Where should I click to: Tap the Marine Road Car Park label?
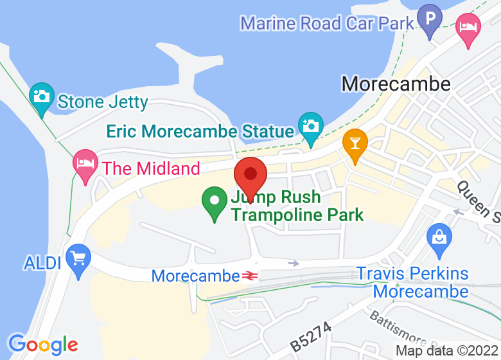coord(327,24)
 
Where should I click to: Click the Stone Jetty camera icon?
coord(42,98)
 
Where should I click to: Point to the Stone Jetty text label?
coord(103,102)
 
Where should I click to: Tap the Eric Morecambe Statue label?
coord(200,132)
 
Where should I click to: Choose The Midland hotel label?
coord(151,169)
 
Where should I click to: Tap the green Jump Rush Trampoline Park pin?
coord(215,201)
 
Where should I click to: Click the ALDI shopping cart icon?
coord(78,259)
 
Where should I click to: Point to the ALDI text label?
coord(42,263)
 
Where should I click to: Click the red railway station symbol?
coord(250,276)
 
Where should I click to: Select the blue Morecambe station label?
coord(195,276)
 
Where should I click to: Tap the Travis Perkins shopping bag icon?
coord(439,238)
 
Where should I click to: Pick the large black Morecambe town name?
coord(396,84)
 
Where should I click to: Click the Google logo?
coord(42,345)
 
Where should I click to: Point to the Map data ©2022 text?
coord(446,351)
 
